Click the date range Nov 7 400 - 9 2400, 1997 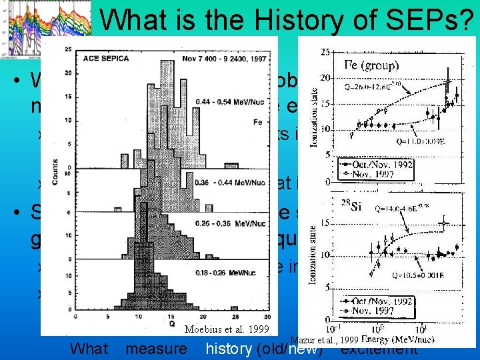tap(226, 57)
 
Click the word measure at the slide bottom tap(156, 349)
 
